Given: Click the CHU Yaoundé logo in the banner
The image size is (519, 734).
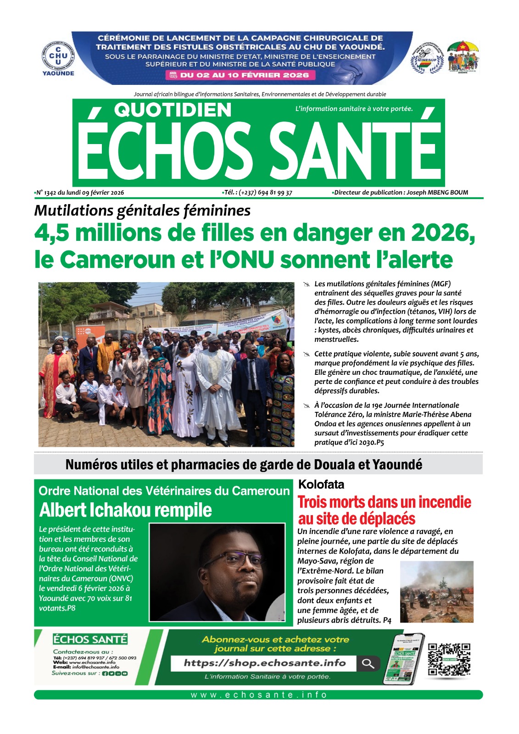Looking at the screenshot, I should pyautogui.click(x=58, y=58).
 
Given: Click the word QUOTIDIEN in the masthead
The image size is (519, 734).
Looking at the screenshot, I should pyautogui.click(x=173, y=110).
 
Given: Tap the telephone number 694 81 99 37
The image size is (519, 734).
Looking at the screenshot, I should pyautogui.click(x=275, y=193).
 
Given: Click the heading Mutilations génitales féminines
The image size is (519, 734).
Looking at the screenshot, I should pyautogui.click(x=142, y=211).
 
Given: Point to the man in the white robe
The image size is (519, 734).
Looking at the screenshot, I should pyautogui.click(x=213, y=390).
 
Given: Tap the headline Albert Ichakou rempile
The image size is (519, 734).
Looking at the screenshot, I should pyautogui.click(x=125, y=510).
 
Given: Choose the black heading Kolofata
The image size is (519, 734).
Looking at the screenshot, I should pyautogui.click(x=321, y=484).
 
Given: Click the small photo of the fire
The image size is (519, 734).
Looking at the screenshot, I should pyautogui.click(x=436, y=591).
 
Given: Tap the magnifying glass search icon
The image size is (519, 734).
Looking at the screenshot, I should pyautogui.click(x=368, y=663).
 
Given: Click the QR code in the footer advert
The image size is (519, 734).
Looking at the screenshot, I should pyautogui.click(x=449, y=659).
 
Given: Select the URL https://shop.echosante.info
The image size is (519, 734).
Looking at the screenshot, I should pyautogui.click(x=264, y=663).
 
